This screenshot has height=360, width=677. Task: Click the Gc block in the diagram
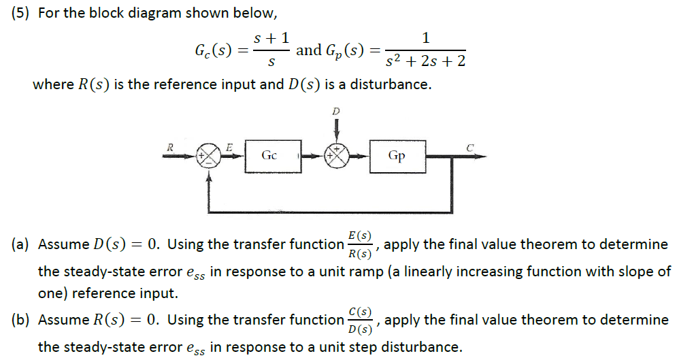point(269,156)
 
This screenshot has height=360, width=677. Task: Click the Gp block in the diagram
point(397,156)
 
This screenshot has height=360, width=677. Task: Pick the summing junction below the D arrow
point(336,156)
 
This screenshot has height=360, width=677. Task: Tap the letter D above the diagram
point(335,110)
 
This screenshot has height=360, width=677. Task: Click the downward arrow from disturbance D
point(336,129)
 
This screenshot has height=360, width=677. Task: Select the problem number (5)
point(22,14)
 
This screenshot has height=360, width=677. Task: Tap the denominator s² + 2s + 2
point(425,62)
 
